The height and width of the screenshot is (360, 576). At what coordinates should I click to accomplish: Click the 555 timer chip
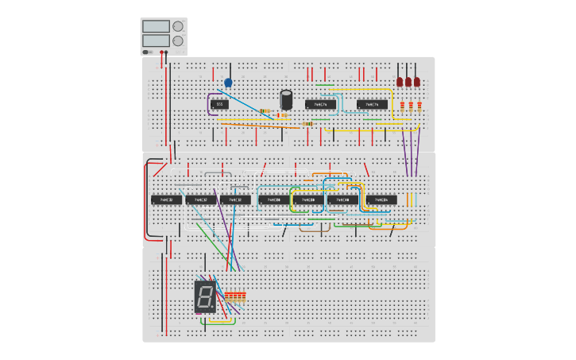[x=220, y=104]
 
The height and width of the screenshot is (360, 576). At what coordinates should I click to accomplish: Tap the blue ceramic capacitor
[x=229, y=82]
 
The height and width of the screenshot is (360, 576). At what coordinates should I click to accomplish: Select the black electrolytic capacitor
[x=286, y=99]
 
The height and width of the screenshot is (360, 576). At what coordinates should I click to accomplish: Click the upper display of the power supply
[x=156, y=26]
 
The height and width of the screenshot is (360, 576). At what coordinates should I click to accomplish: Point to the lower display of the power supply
[x=156, y=40]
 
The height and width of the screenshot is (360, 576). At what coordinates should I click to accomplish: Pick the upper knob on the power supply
[x=178, y=26]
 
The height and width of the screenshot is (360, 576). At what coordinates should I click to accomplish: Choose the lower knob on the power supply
[x=178, y=41]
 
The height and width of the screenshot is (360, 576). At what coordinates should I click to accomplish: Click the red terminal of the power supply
[x=161, y=52]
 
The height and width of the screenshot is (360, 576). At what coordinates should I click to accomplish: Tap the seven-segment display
[x=204, y=297]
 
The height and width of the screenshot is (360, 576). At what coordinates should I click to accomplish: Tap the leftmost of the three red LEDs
[x=400, y=81]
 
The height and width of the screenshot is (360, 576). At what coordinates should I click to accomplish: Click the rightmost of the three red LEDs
[x=417, y=81]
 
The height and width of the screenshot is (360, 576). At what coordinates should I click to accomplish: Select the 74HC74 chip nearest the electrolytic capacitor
[x=320, y=104]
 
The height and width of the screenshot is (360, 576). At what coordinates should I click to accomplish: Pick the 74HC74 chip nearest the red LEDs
[x=371, y=104]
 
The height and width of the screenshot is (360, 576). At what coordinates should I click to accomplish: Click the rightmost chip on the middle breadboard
[x=381, y=199]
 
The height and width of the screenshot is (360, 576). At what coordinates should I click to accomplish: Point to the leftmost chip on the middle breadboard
[x=166, y=199]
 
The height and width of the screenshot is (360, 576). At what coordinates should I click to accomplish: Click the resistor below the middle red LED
[x=409, y=106]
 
